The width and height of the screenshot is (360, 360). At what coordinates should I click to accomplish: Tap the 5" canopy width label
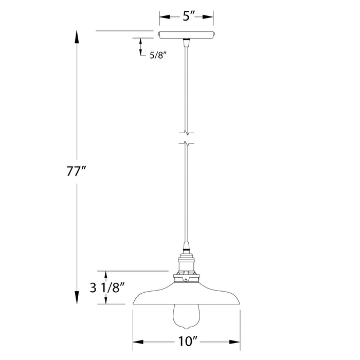[x=186, y=16]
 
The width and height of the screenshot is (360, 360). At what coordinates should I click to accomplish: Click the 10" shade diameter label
[x=187, y=341]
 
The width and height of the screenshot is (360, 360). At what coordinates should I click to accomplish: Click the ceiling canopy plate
[x=187, y=35]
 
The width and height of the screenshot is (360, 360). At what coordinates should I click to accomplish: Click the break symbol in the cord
[x=187, y=137]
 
